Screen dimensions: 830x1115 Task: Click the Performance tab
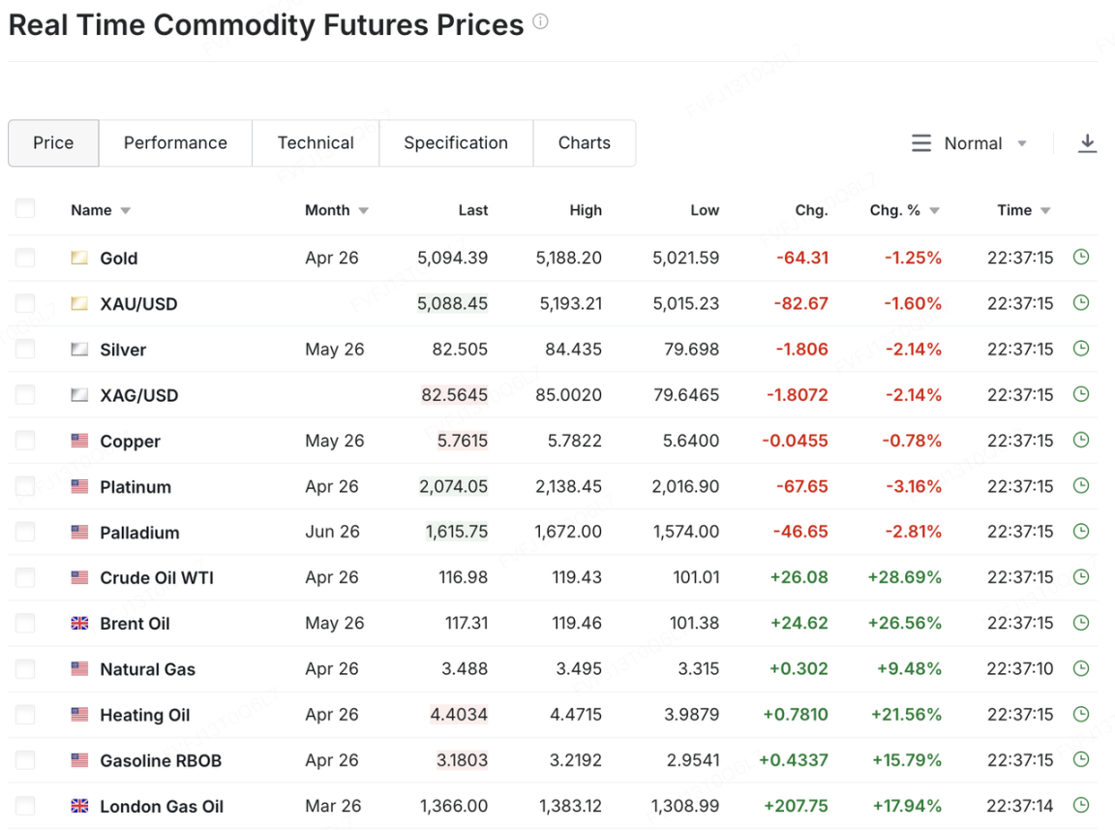(x=175, y=143)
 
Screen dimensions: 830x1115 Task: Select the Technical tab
(x=316, y=143)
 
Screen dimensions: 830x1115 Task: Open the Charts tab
(x=584, y=143)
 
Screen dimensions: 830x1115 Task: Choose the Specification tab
(x=456, y=143)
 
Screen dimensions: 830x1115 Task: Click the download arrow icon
(x=1087, y=143)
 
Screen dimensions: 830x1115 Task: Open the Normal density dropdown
(x=971, y=143)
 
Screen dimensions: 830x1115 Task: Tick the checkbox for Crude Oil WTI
(x=25, y=577)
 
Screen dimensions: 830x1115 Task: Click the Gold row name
(x=119, y=259)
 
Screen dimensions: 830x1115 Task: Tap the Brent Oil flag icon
(x=79, y=624)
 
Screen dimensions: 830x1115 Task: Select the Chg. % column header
(x=895, y=210)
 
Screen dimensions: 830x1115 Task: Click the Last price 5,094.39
(x=452, y=258)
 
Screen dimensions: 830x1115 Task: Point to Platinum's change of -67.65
(x=801, y=486)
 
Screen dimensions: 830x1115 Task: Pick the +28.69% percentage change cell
(x=904, y=577)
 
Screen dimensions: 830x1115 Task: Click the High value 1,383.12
(x=570, y=806)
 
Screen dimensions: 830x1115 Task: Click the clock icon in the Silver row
(x=1081, y=349)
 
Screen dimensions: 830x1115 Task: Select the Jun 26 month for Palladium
(x=332, y=532)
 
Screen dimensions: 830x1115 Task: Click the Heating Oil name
(x=145, y=715)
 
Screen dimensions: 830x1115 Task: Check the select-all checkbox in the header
(x=25, y=209)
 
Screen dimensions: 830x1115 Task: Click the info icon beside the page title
(x=540, y=21)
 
